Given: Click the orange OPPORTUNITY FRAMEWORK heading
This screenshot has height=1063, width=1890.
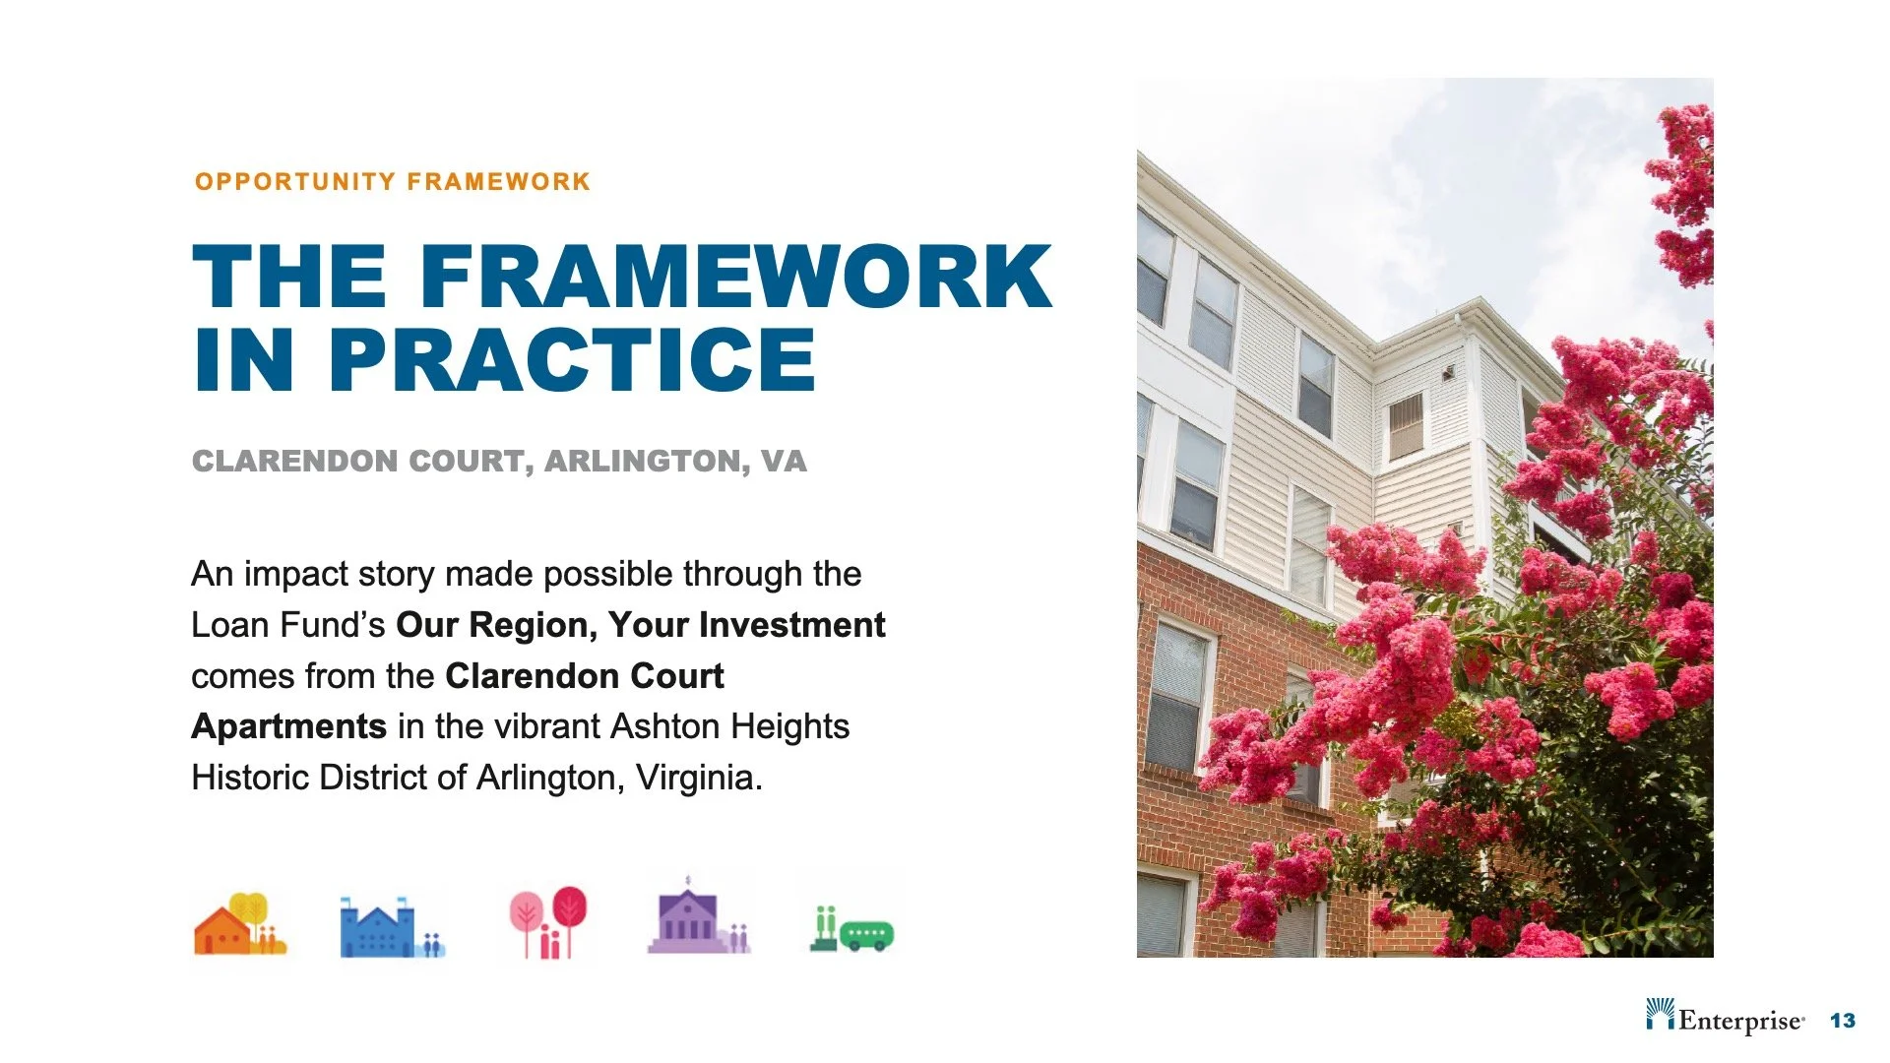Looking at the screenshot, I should point(392,182).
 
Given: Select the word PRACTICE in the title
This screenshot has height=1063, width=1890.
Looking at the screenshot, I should point(572,360).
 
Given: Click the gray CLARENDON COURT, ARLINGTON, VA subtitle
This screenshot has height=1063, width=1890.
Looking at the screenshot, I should point(499,461).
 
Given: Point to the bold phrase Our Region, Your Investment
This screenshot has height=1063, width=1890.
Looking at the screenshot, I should point(640,625).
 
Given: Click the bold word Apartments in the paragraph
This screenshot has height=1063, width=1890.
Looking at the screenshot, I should point(288,726).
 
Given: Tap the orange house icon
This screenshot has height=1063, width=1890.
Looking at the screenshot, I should point(239,925).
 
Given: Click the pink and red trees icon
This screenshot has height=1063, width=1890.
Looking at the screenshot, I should point(547,922).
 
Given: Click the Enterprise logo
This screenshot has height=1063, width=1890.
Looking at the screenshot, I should point(1725,1017).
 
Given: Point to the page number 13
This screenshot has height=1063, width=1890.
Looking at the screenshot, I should point(1842,1021).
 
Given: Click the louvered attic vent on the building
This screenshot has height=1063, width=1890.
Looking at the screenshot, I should point(1406,425).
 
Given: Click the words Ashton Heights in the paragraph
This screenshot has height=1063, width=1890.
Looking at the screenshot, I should point(729,726).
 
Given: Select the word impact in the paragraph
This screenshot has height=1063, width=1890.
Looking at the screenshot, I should point(290,574).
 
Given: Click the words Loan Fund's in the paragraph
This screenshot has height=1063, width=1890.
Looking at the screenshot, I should point(287,625).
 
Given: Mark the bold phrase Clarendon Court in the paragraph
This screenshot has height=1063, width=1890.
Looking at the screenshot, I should point(584,676).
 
